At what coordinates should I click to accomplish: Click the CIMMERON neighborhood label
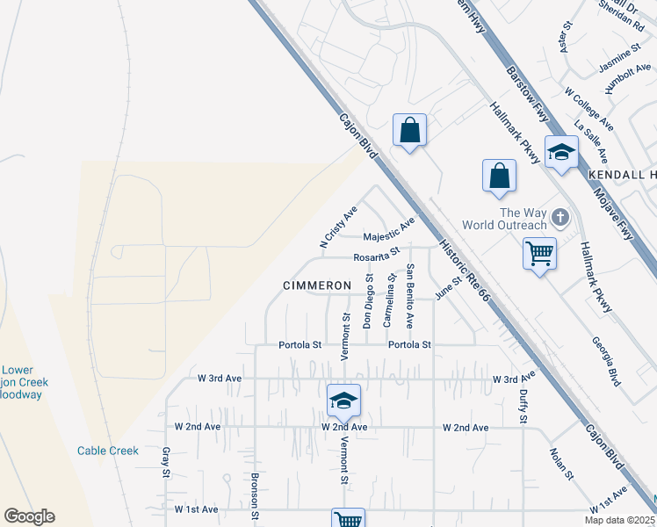click(317, 285)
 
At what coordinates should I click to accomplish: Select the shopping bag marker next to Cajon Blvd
click(409, 131)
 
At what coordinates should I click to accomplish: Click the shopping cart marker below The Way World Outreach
click(538, 254)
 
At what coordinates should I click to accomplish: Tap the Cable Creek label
click(107, 451)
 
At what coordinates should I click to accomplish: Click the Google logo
click(29, 516)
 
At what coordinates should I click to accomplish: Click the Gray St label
click(166, 462)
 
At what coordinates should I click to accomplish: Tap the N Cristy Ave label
click(338, 227)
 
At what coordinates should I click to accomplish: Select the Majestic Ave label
click(389, 232)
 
